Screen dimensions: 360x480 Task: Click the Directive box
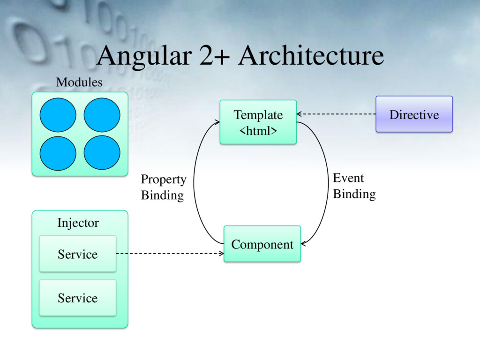pyautogui.click(x=414, y=114)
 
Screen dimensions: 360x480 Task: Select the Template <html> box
pyautogui.click(x=258, y=122)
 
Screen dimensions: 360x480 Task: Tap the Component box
pyautogui.click(x=262, y=244)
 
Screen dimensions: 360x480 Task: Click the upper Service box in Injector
pyautogui.click(x=77, y=254)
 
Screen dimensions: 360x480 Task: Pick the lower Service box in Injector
pyautogui.click(x=77, y=298)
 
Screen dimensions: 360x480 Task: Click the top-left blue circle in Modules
pyautogui.click(x=58, y=115)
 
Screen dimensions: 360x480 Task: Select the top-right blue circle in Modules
pyautogui.click(x=102, y=115)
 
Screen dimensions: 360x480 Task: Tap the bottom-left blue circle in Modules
pyautogui.click(x=58, y=153)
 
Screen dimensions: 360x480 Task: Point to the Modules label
pyautogui.click(x=79, y=82)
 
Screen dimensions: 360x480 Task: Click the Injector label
pyautogui.click(x=78, y=223)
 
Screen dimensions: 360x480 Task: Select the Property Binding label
pyautogui.click(x=163, y=187)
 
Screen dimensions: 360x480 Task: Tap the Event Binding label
pyautogui.click(x=354, y=186)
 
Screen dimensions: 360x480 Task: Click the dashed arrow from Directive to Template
pyautogui.click(x=336, y=114)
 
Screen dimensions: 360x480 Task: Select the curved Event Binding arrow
pyautogui.click(x=328, y=183)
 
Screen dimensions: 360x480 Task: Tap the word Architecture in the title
pyautogui.click(x=311, y=56)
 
